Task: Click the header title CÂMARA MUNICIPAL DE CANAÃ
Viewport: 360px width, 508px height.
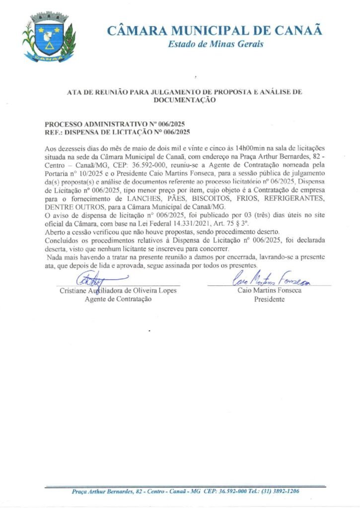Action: [215, 31]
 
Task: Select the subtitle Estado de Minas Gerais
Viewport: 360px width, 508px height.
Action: [216, 44]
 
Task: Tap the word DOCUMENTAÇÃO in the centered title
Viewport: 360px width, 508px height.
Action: [191, 100]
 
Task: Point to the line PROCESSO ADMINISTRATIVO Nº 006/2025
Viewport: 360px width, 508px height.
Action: [115, 124]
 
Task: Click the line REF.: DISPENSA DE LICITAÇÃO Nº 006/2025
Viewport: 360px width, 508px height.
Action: [117, 132]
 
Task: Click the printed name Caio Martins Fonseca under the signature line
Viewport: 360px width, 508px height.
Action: [269, 290]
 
